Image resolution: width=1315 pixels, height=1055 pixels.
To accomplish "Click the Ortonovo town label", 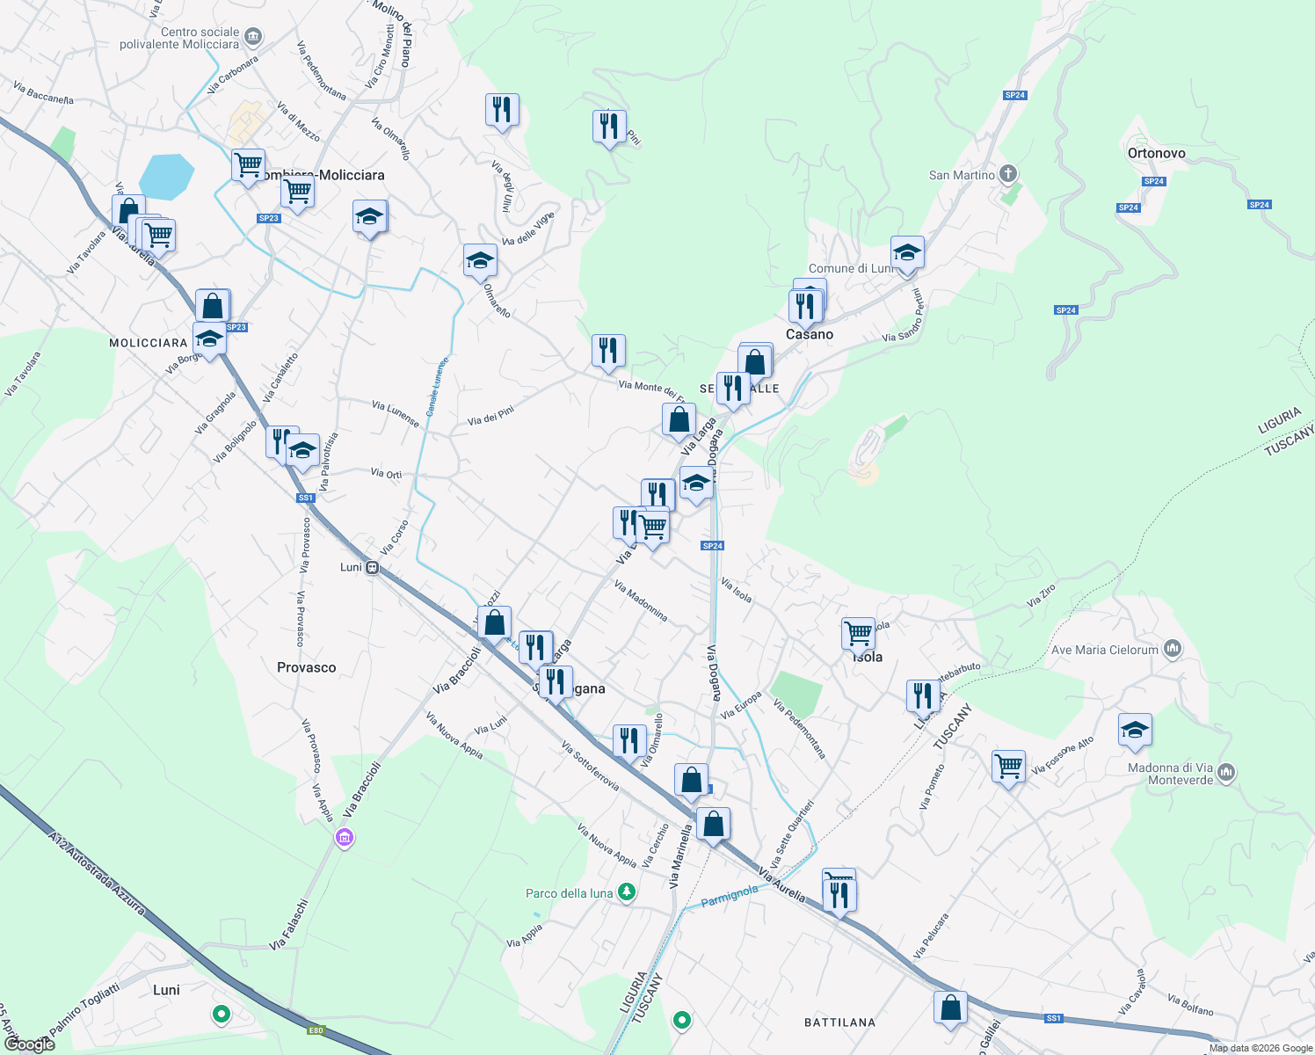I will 1156,153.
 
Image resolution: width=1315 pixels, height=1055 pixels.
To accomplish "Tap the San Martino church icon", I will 1009,174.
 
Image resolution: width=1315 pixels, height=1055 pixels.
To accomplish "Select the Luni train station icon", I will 373,567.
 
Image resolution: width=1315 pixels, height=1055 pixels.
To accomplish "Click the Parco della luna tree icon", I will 627,892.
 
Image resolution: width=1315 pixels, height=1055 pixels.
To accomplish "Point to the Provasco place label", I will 306,667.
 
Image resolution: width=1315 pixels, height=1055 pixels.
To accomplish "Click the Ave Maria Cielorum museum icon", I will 1173,650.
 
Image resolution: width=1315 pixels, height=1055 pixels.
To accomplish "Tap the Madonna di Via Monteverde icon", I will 1227,773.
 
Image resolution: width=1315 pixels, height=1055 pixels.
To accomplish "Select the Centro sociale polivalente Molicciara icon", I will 254,37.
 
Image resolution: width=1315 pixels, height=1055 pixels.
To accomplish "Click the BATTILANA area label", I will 839,1022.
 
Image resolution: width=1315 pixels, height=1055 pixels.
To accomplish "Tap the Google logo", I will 30,1044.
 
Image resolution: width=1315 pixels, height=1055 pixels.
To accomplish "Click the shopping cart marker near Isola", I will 858,633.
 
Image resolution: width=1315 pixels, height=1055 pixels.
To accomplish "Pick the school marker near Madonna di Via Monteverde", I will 1135,730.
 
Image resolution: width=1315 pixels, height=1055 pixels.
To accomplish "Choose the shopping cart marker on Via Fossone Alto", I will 1008,766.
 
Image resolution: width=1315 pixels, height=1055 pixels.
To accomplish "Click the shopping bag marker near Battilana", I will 950,1008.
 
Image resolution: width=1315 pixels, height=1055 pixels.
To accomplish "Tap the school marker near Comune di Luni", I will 907,253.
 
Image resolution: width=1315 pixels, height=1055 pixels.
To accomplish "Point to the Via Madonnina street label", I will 641,600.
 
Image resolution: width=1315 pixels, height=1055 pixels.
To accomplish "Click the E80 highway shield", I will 316,1030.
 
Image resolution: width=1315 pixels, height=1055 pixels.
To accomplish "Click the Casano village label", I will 810,334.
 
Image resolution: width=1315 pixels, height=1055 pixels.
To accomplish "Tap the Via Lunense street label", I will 396,413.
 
